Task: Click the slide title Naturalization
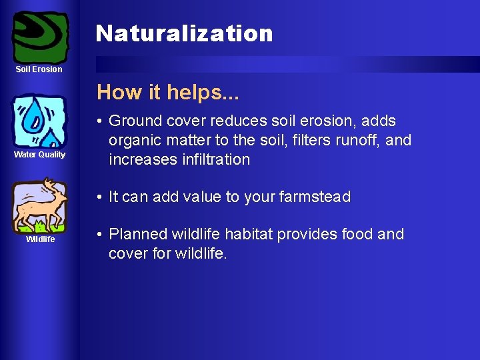point(184,33)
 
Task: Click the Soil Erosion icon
point(40,36)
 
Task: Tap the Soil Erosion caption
point(40,69)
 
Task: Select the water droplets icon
point(40,121)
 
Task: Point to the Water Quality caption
point(40,155)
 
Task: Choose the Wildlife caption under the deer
point(40,239)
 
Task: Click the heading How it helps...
point(168,92)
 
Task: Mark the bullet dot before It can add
point(98,197)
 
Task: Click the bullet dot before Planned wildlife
point(98,235)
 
